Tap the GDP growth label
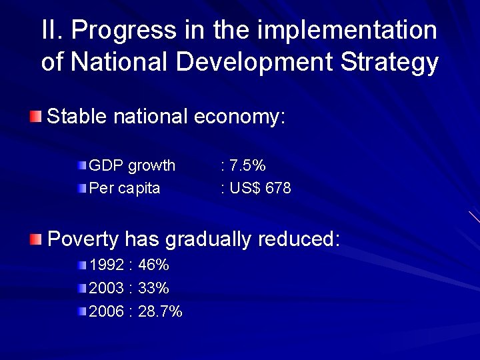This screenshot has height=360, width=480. pos(132,165)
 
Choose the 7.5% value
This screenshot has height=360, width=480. pos(246,165)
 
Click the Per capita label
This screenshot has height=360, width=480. pos(125,188)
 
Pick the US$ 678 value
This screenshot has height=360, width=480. pos(259,188)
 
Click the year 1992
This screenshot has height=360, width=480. pos(107,265)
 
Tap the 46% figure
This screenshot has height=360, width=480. pos(154,265)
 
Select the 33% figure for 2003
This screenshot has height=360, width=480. pos(154,288)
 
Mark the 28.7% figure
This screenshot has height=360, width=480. pos(160,311)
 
